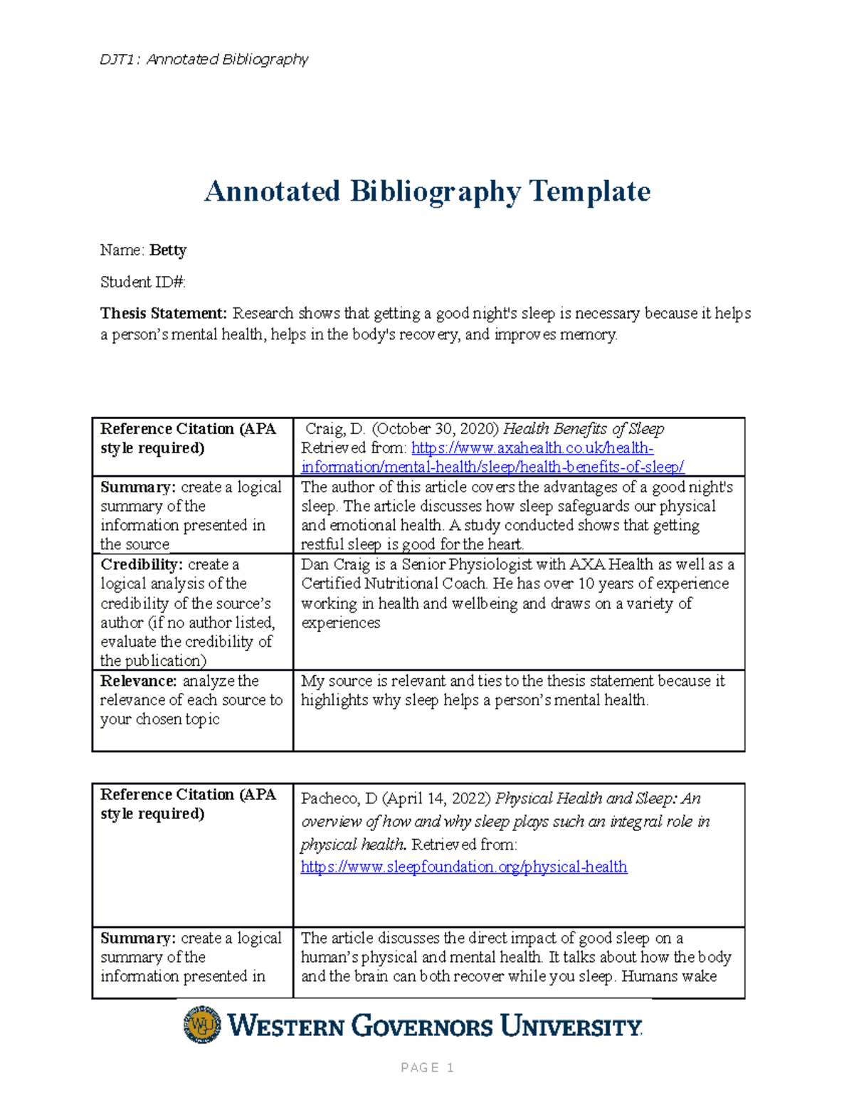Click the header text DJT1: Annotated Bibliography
point(204,59)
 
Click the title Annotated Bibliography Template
point(427,191)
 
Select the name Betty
point(168,250)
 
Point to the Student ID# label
point(142,282)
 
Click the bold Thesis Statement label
point(163,314)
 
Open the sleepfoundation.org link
point(463,867)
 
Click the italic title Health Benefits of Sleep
point(584,429)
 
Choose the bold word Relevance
point(138,681)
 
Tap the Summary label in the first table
point(137,487)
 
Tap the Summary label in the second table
point(137,939)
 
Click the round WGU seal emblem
point(202,1025)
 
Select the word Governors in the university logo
point(422,1027)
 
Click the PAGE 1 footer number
point(427,1067)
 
